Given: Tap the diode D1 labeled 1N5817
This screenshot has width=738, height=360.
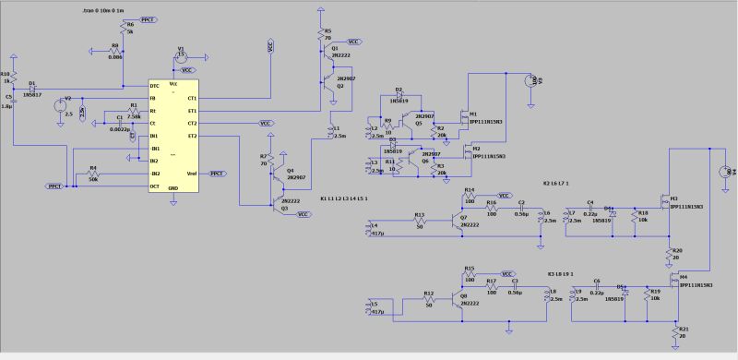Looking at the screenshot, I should [x=32, y=89].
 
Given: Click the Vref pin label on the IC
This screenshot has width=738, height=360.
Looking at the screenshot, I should [x=191, y=174].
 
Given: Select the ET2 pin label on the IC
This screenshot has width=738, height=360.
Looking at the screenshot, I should [x=192, y=136].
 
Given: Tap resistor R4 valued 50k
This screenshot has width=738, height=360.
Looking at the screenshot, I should [x=92, y=174].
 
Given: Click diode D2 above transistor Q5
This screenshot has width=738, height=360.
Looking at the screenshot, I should [x=399, y=95].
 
